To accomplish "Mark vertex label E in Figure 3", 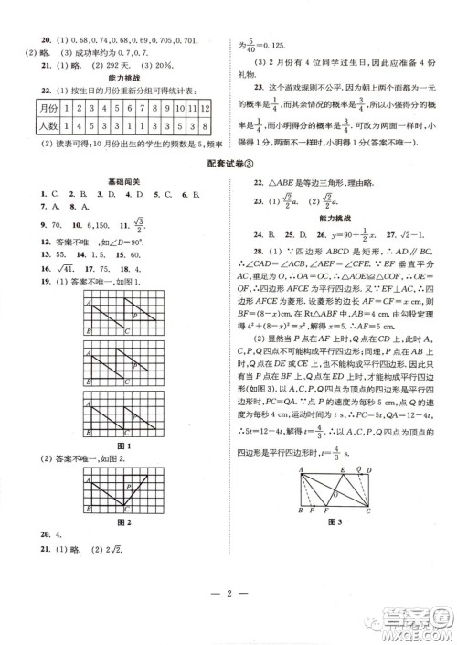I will [x=342, y=466].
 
